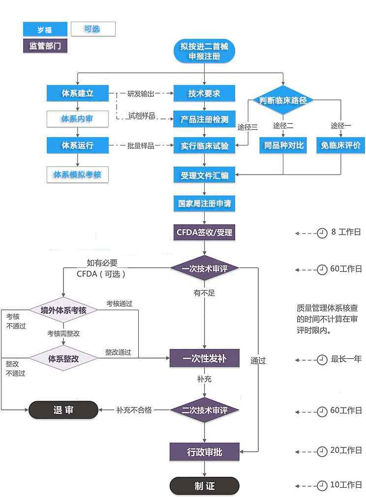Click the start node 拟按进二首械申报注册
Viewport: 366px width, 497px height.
click(204, 51)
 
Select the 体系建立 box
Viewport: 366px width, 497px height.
click(77, 93)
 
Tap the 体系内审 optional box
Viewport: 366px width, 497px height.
click(77, 119)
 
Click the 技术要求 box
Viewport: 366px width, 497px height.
click(204, 93)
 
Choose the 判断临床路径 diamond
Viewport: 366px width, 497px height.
click(283, 100)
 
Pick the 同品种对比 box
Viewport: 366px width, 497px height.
click(283, 146)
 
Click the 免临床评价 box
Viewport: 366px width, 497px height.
click(340, 146)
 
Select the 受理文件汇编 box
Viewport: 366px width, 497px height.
click(204, 175)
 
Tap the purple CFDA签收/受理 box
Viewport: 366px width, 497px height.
click(204, 232)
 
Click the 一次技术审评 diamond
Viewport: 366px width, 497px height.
click(204, 268)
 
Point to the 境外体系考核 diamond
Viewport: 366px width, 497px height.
click(63, 310)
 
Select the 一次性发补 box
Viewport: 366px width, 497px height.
click(204, 358)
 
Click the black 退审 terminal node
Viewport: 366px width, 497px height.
click(63, 409)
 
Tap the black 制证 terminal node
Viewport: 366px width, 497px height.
click(204, 486)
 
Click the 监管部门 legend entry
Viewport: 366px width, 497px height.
click(45, 46)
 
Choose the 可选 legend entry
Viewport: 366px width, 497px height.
click(93, 29)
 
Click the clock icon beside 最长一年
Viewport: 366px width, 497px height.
click(322, 360)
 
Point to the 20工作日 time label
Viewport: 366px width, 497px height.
click(346, 450)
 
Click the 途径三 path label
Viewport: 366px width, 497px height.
click(247, 127)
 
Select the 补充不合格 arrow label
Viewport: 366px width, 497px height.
click(134, 410)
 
